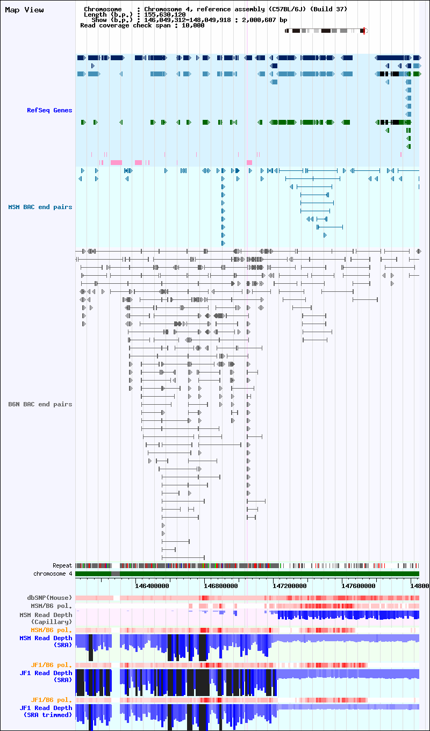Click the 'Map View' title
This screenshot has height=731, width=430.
(25, 10)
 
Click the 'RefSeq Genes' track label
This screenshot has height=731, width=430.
(49, 110)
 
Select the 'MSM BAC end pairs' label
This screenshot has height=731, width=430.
(40, 207)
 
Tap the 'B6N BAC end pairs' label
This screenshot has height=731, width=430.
(40, 404)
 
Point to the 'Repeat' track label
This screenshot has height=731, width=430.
(62, 565)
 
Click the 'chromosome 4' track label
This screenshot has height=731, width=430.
(53, 574)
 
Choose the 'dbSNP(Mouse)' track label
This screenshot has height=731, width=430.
(49, 598)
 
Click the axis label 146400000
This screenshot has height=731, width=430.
(152, 586)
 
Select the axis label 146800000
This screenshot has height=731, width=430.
(221, 586)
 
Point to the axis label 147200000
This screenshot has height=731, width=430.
(290, 586)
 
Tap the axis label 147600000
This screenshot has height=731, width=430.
(359, 586)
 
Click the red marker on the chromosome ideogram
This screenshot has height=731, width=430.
(364, 31)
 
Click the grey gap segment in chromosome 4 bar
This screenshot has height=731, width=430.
(116, 574)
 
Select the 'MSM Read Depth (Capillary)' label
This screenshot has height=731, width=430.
(46, 619)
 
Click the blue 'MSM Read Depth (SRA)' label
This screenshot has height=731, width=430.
(46, 641)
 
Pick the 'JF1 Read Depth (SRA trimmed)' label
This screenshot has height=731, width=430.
(46, 711)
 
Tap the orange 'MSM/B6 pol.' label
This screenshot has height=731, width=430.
(51, 630)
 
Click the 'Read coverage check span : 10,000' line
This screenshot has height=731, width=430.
(142, 25)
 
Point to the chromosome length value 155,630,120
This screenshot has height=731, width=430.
(165, 15)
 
